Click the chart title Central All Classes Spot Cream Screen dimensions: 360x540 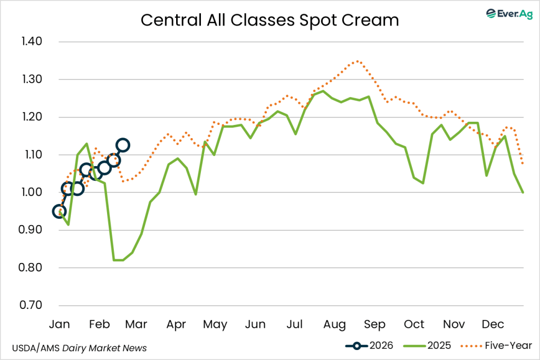point(269,20)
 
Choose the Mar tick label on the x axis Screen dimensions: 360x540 point(136,324)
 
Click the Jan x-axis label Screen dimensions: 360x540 point(59,324)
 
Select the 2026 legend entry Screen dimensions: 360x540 point(370,346)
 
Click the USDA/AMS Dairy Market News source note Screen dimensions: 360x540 point(79,348)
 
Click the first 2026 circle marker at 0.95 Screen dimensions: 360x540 point(60,211)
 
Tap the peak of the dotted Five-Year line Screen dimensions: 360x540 point(358,61)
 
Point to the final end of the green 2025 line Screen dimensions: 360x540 point(523,192)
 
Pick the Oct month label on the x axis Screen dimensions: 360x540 point(414,324)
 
